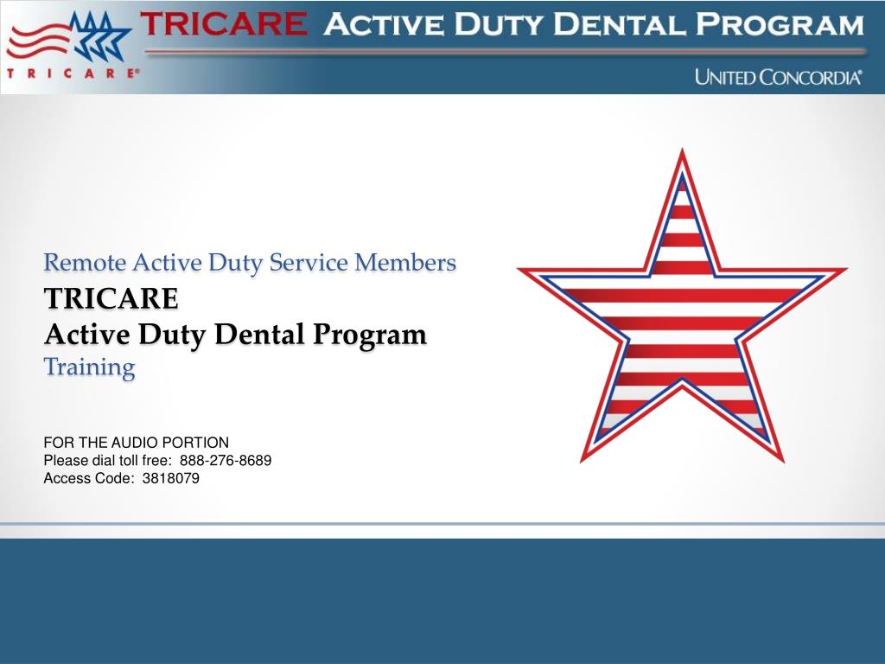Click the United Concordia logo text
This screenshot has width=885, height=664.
coord(779,77)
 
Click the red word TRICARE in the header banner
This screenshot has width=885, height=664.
coord(224,23)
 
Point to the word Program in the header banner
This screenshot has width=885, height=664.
coord(780,24)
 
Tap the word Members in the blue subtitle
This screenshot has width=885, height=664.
coord(405,263)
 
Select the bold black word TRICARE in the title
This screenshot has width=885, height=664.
coord(111,298)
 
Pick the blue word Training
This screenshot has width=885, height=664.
coord(90,367)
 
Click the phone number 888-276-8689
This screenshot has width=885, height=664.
coord(226,460)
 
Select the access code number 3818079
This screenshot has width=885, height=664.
coord(171,478)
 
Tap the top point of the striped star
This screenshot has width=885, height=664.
coord(683,149)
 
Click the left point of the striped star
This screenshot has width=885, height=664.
coord(519,270)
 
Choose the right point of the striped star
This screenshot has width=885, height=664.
coord(847,270)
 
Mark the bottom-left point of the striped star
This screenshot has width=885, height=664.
coord(582,462)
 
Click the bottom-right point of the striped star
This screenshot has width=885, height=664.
coord(783,462)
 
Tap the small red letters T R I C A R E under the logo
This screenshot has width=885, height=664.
coord(73,73)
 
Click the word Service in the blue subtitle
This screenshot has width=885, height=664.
coord(309,263)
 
